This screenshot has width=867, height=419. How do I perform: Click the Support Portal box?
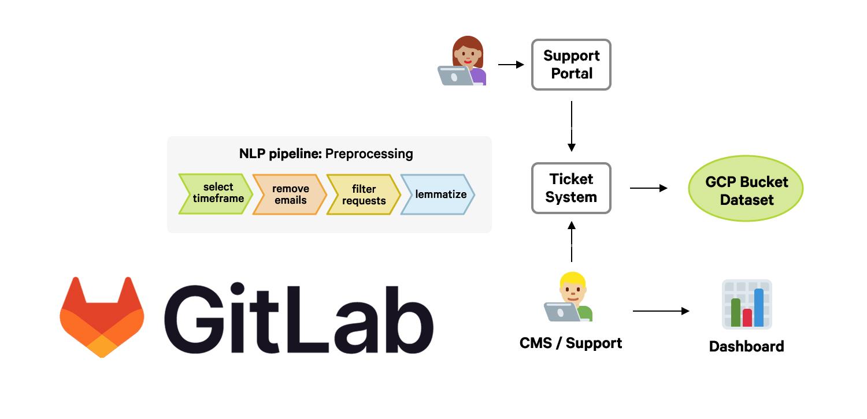[571, 65]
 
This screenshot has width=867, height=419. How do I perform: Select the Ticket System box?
[571, 188]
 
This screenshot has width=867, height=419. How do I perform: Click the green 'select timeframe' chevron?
[216, 194]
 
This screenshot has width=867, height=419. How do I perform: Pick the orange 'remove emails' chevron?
[290, 194]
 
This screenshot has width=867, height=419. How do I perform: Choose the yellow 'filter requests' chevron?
[364, 194]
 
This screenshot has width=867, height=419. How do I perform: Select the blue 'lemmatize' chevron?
[439, 194]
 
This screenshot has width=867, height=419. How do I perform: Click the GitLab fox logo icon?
[102, 317]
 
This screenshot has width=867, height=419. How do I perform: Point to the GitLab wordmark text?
[299, 319]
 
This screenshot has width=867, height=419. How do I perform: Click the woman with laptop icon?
[462, 61]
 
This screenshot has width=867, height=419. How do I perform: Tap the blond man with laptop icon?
[569, 297]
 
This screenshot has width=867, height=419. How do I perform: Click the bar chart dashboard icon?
[746, 304]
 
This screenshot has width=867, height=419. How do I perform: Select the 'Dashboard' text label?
[746, 346]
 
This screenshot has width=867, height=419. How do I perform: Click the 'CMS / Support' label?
[570, 343]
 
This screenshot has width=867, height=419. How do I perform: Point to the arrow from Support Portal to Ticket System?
[572, 126]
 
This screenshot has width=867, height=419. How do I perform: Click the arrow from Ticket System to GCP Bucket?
[649, 188]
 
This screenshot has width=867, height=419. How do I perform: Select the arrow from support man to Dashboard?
[661, 311]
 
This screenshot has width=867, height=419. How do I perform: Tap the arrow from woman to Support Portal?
[510, 65]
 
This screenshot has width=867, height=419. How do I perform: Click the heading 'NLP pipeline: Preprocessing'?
[326, 154]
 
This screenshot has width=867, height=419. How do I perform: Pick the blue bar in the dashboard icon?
[758, 308]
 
